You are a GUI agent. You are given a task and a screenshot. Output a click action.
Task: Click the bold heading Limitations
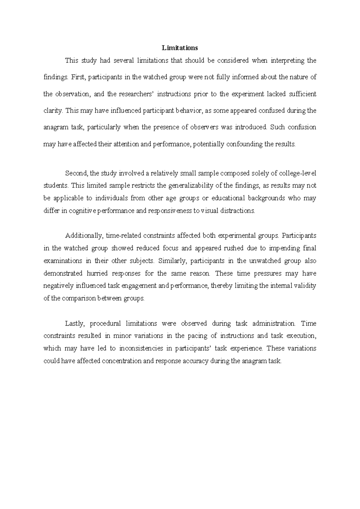[180, 48]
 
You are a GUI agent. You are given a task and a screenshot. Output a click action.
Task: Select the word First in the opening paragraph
[79, 77]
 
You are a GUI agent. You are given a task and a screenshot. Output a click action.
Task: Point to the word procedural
[105, 324]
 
